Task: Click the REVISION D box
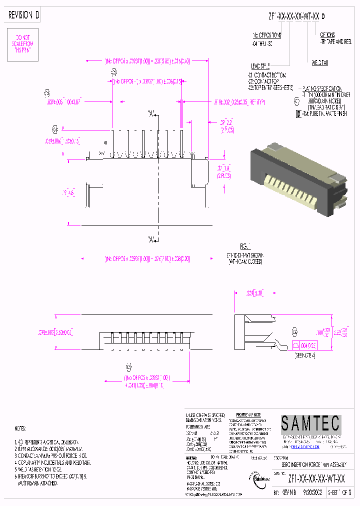[x=24, y=15]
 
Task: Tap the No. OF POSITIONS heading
[x=267, y=35]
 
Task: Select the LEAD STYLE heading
[x=260, y=65]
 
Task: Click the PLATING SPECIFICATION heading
[x=322, y=87]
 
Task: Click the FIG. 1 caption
[x=244, y=246]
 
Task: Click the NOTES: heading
[x=21, y=429]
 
